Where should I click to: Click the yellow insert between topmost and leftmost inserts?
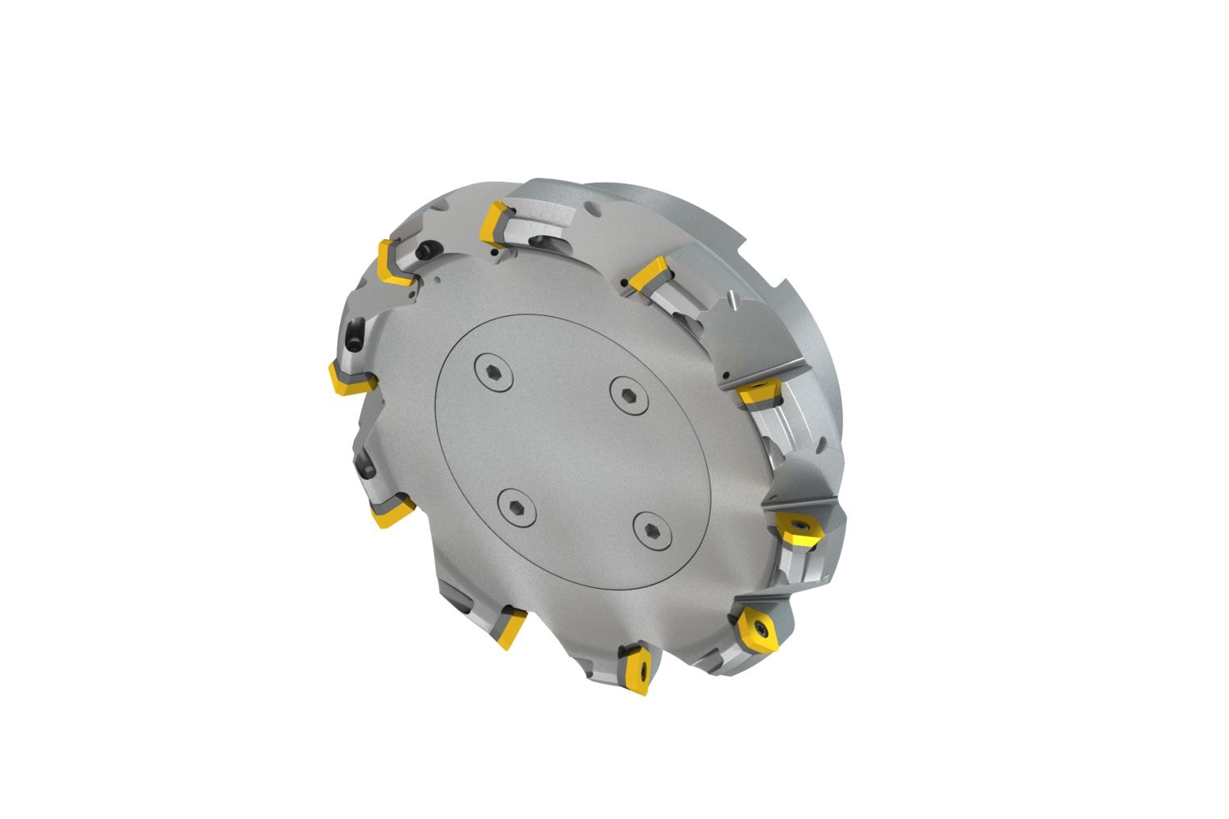pyautogui.click(x=393, y=262)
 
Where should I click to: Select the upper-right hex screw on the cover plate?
pyautogui.click(x=628, y=391)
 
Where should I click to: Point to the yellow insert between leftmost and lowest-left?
pyautogui.click(x=390, y=514)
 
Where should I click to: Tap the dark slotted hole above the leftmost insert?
pyautogui.click(x=354, y=333)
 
